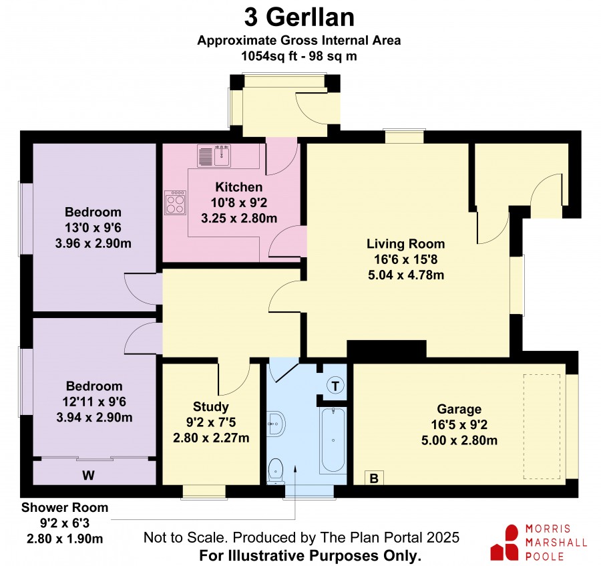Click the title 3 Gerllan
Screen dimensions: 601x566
299,17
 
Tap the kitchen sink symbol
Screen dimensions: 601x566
214,156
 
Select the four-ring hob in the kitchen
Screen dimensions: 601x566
175,202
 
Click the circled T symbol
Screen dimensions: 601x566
335,386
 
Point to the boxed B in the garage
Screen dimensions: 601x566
374,478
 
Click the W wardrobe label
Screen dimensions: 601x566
88,476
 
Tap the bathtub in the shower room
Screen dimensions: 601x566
333,440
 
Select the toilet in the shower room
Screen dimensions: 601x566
276,471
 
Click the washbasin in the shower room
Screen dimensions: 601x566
275,424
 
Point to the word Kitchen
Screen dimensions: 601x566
239,187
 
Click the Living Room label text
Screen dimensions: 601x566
405,244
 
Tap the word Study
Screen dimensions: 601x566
211,406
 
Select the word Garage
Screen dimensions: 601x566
459,409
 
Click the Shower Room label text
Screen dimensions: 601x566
65,507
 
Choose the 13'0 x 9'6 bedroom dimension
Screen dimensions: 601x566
93,228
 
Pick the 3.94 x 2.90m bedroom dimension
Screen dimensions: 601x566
94,417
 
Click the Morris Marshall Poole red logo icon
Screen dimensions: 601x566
506,542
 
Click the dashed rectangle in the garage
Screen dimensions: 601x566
542,426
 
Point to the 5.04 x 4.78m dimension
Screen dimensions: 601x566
406,275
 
